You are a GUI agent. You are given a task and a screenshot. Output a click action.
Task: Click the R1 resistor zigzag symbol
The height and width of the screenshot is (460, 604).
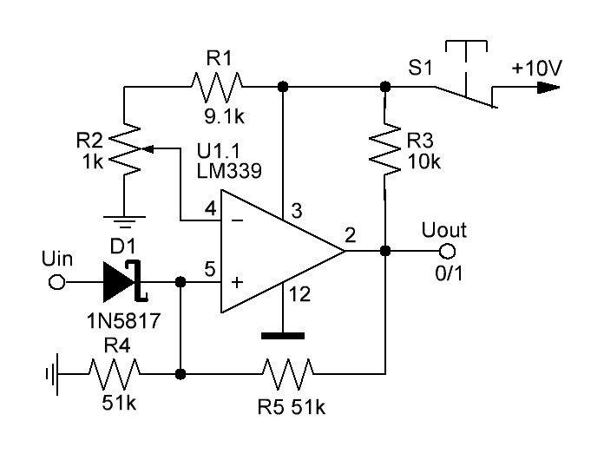pyautogui.click(x=215, y=86)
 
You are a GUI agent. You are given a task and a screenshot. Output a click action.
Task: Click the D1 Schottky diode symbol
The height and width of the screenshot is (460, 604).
pyautogui.click(x=121, y=282)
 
